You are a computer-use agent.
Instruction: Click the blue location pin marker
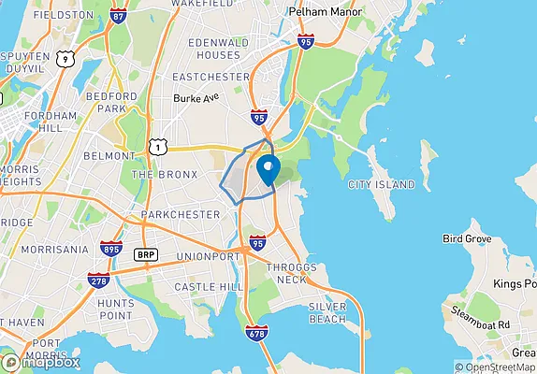click(268, 171)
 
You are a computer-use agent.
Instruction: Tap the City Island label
click(381, 185)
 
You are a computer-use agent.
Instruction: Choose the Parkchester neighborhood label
click(180, 215)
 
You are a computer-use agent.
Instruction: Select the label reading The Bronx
click(165, 175)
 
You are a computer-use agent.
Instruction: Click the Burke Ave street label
click(196, 96)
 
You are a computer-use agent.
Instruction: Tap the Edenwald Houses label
click(218, 50)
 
